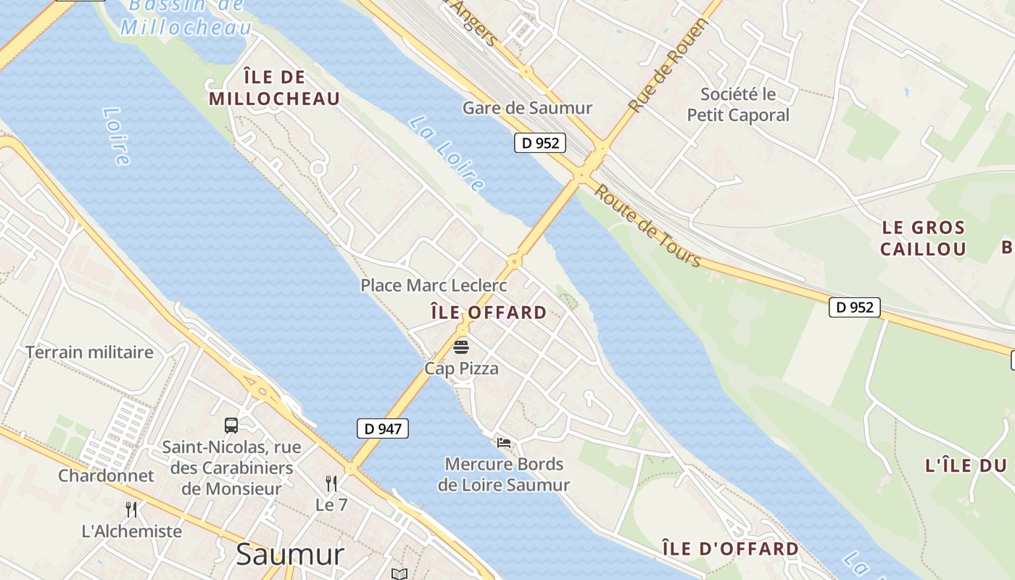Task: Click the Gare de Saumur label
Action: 527,108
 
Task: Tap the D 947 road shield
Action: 383,428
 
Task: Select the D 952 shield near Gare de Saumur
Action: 540,143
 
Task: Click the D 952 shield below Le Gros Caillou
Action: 855,307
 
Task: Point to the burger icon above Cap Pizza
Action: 461,347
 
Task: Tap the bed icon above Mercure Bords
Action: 504,442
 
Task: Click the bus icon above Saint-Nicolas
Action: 231,426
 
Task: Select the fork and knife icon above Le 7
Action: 331,483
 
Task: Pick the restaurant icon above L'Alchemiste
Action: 131,510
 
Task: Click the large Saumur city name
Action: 290,555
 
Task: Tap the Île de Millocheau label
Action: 274,88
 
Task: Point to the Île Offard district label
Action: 489,312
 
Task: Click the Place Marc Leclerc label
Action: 434,286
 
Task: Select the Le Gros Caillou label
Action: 923,239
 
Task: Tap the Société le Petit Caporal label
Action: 738,104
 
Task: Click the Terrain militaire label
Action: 90,352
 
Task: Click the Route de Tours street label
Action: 647,225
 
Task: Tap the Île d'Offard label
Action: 731,549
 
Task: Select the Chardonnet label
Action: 106,476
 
